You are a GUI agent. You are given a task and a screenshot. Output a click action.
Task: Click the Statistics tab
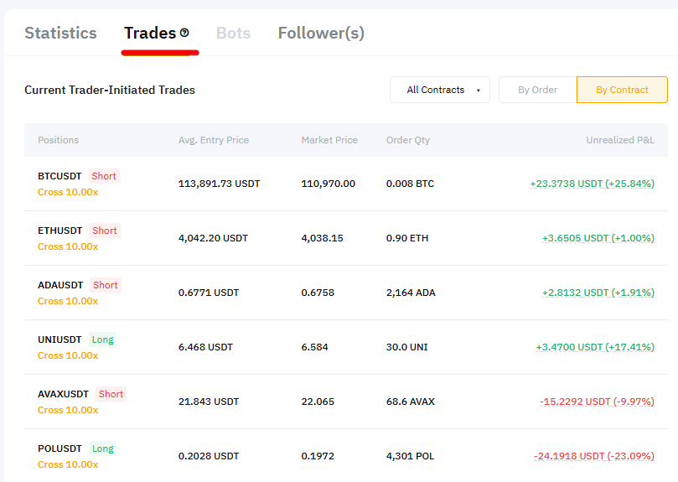click(x=60, y=34)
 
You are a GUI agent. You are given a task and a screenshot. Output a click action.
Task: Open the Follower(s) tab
click(x=321, y=34)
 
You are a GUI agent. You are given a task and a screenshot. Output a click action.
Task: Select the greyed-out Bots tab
click(x=233, y=34)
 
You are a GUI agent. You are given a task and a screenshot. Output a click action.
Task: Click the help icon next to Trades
click(x=184, y=34)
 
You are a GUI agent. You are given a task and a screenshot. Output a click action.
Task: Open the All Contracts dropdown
click(x=440, y=90)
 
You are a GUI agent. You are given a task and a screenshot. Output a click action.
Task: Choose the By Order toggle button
click(x=537, y=90)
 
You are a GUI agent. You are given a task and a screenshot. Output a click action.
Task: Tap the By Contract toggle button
click(x=622, y=90)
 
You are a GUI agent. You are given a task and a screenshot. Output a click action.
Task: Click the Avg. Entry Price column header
click(x=214, y=140)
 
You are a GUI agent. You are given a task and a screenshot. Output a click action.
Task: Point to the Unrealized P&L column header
click(x=620, y=140)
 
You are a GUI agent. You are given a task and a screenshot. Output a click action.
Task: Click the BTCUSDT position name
click(x=60, y=176)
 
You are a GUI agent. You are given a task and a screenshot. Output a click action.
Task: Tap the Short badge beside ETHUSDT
click(x=105, y=231)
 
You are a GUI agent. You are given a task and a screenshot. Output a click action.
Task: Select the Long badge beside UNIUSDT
click(x=103, y=339)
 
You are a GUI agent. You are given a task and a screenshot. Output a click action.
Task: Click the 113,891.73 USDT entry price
click(x=218, y=184)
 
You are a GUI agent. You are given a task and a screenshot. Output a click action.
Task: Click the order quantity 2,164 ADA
click(x=411, y=293)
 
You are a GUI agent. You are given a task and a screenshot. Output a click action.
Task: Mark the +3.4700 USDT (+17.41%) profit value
click(x=595, y=347)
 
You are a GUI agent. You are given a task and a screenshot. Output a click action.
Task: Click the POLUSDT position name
click(x=60, y=448)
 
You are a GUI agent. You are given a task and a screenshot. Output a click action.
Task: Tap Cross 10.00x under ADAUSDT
click(x=68, y=301)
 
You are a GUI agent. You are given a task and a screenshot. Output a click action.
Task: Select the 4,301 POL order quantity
click(x=410, y=456)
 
